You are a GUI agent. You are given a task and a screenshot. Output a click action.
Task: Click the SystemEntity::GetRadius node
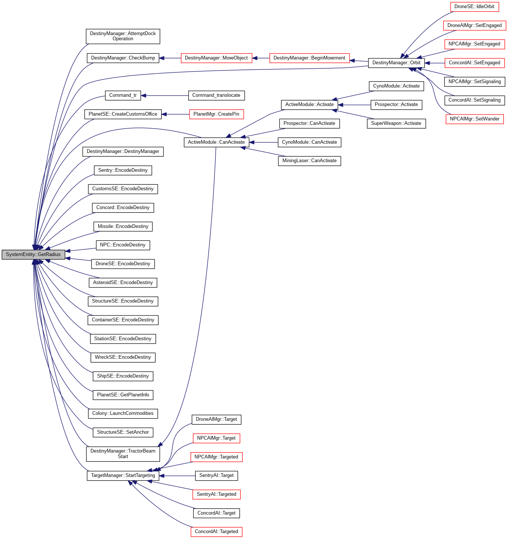click(33, 255)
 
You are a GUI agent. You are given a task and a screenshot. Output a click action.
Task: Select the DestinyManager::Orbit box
click(396, 63)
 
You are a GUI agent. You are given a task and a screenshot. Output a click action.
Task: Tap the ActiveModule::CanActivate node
click(216, 142)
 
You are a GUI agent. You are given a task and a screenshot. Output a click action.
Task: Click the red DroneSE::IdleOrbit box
click(474, 7)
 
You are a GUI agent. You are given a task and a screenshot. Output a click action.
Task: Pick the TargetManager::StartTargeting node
click(123, 475)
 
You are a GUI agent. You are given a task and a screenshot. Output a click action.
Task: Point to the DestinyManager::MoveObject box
click(216, 58)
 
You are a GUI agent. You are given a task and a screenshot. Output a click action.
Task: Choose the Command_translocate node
click(216, 95)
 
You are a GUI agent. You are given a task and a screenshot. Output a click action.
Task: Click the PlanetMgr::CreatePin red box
click(216, 114)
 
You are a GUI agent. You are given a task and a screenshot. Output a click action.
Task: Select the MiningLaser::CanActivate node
click(309, 161)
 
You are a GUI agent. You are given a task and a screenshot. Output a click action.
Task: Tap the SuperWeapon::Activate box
click(396, 123)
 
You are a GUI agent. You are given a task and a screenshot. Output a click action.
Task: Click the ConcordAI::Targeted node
click(216, 532)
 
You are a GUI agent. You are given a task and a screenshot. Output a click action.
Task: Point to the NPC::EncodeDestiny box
click(123, 245)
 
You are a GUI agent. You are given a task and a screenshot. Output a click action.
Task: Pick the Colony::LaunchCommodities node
click(123, 413)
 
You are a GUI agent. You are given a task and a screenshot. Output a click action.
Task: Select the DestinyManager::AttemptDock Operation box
click(123, 36)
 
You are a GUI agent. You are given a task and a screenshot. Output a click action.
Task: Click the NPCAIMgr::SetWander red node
click(474, 119)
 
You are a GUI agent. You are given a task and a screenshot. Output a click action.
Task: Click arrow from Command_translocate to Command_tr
click(165, 96)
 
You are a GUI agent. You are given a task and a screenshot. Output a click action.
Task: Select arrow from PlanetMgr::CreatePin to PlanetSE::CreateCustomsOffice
click(175, 115)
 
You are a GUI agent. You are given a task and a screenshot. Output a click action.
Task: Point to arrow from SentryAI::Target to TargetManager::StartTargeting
click(177, 476)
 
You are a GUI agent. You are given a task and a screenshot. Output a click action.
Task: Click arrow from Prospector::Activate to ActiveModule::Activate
click(354, 105)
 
